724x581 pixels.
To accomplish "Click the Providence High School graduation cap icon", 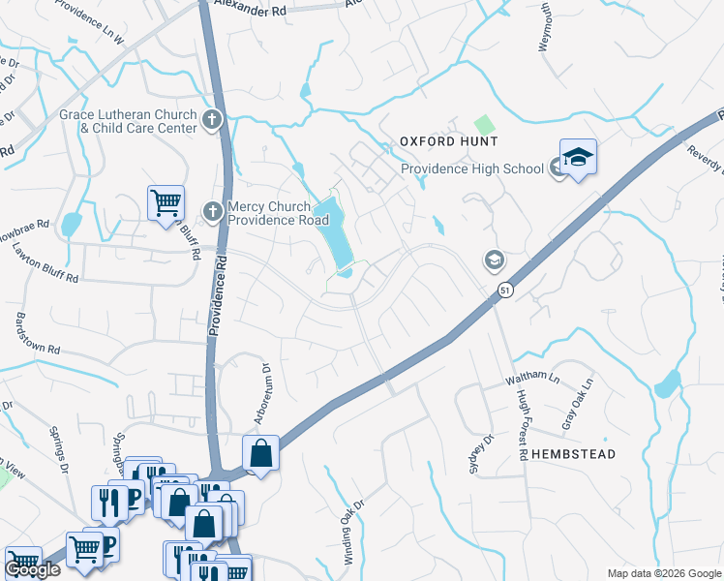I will [578, 158].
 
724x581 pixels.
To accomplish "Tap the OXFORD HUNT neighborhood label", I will [449, 141].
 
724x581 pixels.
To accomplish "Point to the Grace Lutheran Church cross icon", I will [212, 121].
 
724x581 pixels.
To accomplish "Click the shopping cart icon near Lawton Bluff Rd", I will [166, 202].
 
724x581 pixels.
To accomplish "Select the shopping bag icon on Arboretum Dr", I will [261, 452].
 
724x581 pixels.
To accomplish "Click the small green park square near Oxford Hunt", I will [483, 126].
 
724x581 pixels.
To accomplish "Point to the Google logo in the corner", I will [32, 569].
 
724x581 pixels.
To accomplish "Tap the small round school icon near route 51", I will [494, 260].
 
